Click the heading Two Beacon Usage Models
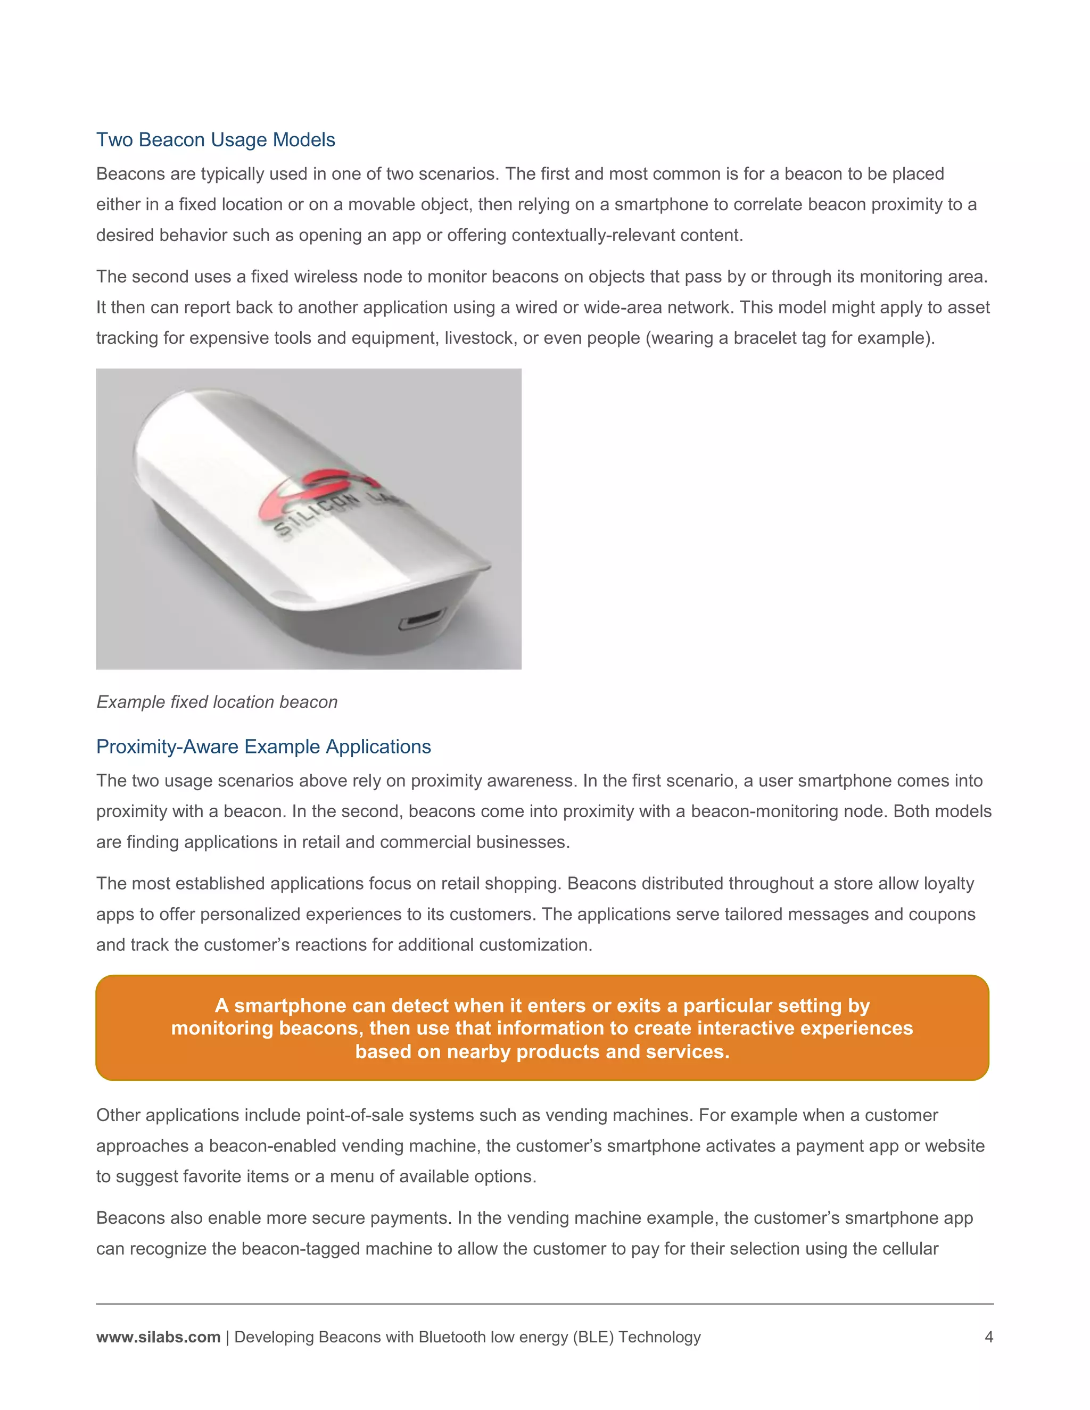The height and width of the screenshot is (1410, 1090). [215, 139]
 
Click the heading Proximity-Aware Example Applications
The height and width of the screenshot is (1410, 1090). [263, 747]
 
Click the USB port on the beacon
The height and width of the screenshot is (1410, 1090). [422, 620]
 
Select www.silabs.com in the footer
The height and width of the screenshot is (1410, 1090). [158, 1337]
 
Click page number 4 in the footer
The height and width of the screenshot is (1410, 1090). [988, 1337]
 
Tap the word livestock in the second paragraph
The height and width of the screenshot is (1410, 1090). [480, 338]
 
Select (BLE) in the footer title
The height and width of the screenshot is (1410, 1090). [593, 1337]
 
